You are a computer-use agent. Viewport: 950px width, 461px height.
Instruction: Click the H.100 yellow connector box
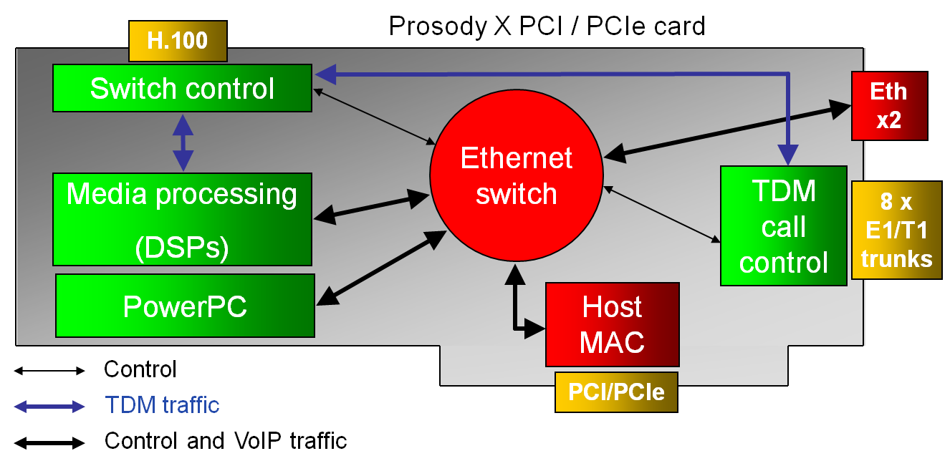(x=177, y=41)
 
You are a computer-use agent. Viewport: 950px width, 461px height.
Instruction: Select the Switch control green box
(x=182, y=88)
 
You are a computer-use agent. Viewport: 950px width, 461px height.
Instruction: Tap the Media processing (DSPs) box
(x=182, y=219)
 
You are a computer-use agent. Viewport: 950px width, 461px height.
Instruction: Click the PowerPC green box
(x=185, y=306)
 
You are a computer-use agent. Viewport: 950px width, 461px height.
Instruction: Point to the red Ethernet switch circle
(x=516, y=175)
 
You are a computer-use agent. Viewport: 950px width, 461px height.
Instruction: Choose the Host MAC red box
(x=612, y=324)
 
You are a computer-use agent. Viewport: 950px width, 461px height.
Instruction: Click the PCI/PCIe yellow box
(x=616, y=392)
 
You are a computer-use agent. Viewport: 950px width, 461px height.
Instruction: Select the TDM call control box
(x=783, y=226)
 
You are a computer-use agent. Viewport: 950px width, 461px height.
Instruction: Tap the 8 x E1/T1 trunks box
(x=896, y=230)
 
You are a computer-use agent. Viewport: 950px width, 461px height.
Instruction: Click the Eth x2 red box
(x=889, y=105)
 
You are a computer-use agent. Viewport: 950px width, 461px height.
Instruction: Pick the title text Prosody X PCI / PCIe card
(x=547, y=26)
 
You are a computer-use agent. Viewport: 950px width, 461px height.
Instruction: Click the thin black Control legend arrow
(x=49, y=371)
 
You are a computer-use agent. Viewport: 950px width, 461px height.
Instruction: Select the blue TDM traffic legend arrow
(x=49, y=407)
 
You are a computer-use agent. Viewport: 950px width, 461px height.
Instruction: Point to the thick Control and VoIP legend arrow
(x=49, y=442)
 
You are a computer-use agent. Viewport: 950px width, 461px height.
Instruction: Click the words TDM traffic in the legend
(x=162, y=405)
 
